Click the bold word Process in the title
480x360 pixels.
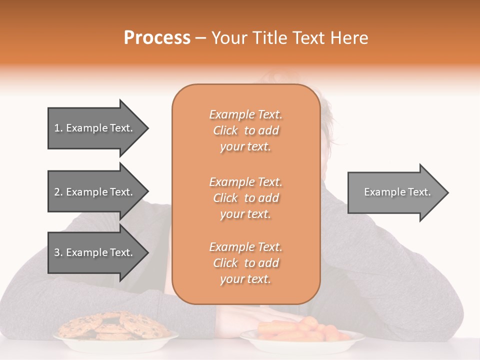[157, 38]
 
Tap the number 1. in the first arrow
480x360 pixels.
[58, 128]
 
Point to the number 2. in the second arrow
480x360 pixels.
[58, 192]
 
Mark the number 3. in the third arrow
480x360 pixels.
[58, 252]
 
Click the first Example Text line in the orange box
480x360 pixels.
[245, 114]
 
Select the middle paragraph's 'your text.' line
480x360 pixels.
[245, 214]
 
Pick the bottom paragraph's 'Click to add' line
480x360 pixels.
[245, 263]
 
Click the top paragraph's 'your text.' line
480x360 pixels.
[245, 146]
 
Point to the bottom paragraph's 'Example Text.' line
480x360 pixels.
[245, 247]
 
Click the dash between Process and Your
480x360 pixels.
[201, 38]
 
